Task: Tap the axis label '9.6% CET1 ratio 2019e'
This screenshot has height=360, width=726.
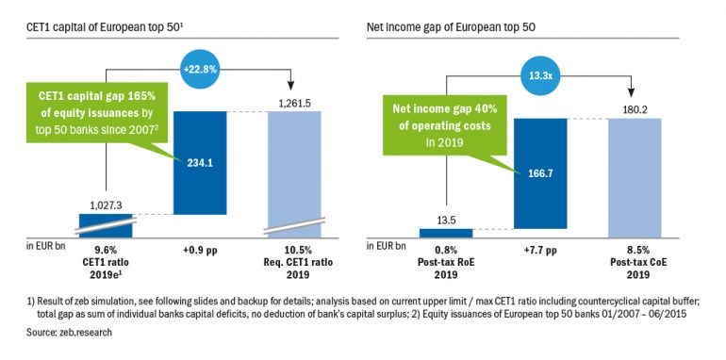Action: (x=105, y=259)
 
